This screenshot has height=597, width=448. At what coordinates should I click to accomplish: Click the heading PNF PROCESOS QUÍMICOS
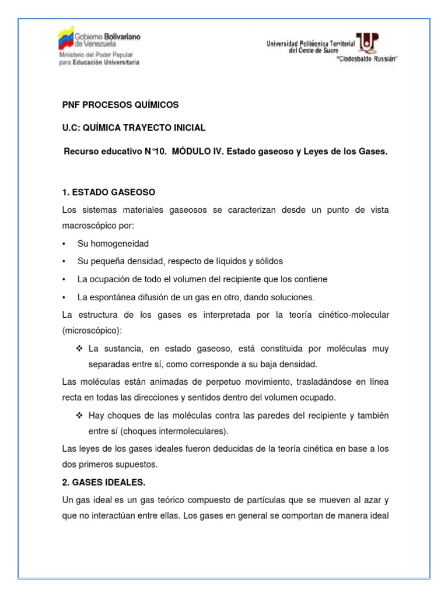pos(120,105)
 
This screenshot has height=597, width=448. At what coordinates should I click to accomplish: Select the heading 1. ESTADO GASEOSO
pos(108,192)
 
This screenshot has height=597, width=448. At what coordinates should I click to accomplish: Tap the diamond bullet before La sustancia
pos(80,349)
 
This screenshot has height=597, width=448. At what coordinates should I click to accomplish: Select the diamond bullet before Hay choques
pos(80,415)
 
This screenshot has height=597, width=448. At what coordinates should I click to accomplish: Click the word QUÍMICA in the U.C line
pos(106,128)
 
